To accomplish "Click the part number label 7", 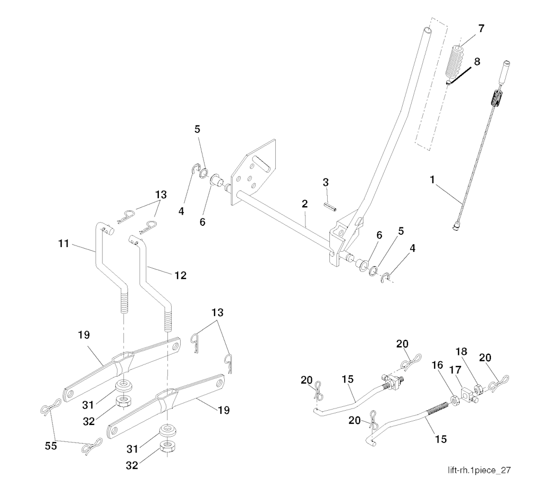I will [481, 29].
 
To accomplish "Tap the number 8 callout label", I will [477, 61].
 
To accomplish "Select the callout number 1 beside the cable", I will [433, 181].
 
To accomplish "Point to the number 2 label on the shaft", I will [304, 204].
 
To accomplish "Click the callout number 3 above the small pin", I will [326, 183].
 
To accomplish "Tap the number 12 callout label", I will [180, 275].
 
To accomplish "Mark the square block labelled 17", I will [467, 394].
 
